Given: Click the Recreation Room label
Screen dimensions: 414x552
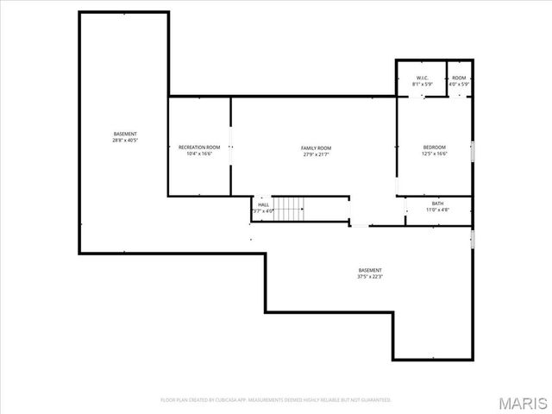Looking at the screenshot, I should tap(199, 147).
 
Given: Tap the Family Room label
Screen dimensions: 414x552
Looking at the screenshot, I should tap(317, 148).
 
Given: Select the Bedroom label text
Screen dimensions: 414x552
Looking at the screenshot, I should tap(434, 147).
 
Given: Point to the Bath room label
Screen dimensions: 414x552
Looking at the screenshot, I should tap(438, 204).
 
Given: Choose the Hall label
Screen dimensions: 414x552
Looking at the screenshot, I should tap(263, 204).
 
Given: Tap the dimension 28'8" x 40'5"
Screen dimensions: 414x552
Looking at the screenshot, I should tap(125, 140).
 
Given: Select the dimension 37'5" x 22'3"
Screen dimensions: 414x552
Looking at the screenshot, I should tap(369, 277).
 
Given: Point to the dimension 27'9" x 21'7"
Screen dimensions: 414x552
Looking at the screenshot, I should tap(317, 154).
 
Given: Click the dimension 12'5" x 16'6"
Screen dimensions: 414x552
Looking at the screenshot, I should tap(434, 154).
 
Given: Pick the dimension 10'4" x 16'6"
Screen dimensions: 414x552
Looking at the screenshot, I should tap(199, 154).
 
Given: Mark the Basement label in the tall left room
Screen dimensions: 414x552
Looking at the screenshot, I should tap(125, 134).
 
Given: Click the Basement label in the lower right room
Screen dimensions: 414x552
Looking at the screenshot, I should tap(369, 271).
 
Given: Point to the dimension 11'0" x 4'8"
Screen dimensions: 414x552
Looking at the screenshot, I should tap(438, 210).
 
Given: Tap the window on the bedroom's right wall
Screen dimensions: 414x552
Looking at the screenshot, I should tap(473, 152).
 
